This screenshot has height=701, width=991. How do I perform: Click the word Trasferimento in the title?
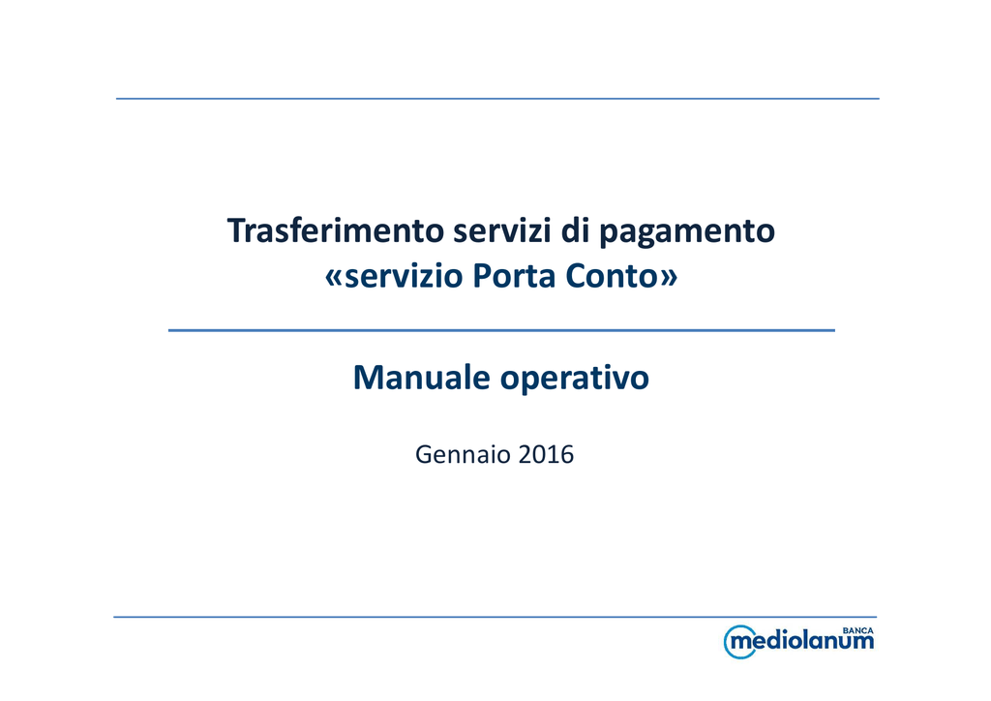tap(336, 230)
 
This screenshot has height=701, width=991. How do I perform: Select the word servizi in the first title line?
tap(502, 230)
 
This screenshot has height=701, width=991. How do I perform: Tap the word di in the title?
tap(575, 230)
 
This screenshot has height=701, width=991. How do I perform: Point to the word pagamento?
tap(687, 232)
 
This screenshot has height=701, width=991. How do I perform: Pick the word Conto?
tap(612, 276)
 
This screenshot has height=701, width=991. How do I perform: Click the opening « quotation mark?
tap(334, 278)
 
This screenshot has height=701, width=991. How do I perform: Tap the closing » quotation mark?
tap(670, 278)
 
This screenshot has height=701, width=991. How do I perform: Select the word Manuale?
tap(422, 378)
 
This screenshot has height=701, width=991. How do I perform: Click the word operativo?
tap(575, 380)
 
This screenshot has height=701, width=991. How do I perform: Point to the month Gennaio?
tap(463, 454)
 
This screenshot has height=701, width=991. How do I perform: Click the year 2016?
tap(546, 454)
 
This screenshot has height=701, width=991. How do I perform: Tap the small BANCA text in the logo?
tap(858, 631)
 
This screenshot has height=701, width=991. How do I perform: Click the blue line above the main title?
tap(497, 99)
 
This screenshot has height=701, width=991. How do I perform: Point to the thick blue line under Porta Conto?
tap(501, 330)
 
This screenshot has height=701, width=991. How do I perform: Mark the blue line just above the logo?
tap(495, 617)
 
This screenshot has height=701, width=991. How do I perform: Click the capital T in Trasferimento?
tap(236, 230)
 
